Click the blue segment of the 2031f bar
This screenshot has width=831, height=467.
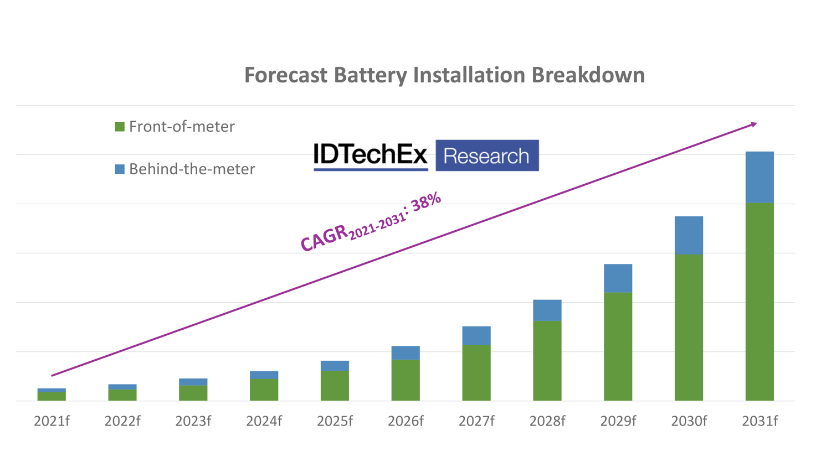pyautogui.click(x=759, y=177)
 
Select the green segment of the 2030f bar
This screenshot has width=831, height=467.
pyautogui.click(x=689, y=327)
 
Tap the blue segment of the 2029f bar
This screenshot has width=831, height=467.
pyautogui.click(x=618, y=278)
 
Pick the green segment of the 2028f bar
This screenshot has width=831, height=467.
pyautogui.click(x=547, y=360)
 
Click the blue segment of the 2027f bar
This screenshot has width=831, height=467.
pyautogui.click(x=476, y=336)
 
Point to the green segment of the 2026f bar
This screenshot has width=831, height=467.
pyautogui.click(x=406, y=380)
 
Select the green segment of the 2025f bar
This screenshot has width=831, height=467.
pyautogui.click(x=335, y=386)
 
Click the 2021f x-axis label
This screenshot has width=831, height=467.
pyautogui.click(x=52, y=422)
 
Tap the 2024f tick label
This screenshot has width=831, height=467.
pyautogui.click(x=264, y=422)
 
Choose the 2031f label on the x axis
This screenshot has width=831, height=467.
pyautogui.click(x=760, y=422)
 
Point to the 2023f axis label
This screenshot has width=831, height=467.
pyautogui.click(x=193, y=422)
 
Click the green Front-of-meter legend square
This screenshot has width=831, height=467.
pyautogui.click(x=120, y=127)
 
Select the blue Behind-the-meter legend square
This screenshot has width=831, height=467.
pyautogui.click(x=120, y=169)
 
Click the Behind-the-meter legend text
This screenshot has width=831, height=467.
pyautogui.click(x=192, y=169)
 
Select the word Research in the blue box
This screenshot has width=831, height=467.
pyautogui.click(x=486, y=156)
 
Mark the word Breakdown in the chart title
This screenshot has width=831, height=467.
pyautogui.click(x=588, y=75)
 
